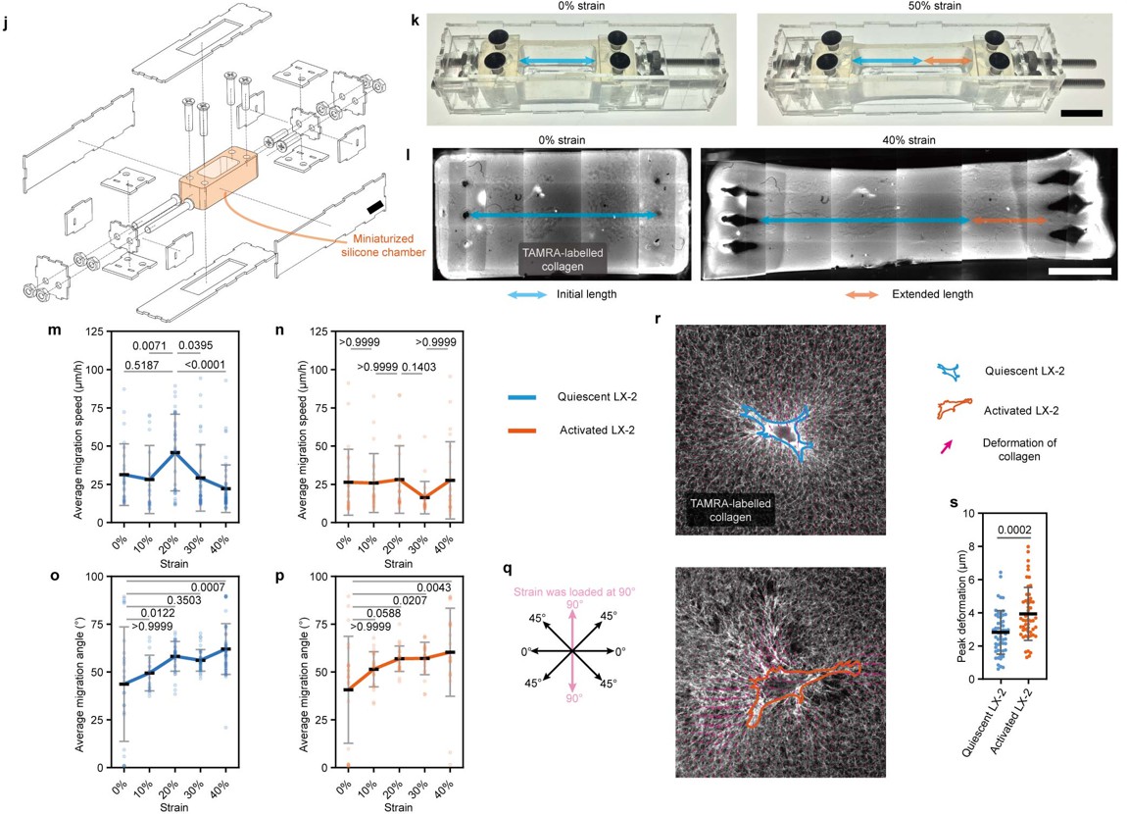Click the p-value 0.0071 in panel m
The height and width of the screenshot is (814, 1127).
coord(150,346)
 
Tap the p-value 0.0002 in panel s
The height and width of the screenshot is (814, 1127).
coord(1014,531)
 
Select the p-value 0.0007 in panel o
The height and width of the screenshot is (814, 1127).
coord(208,587)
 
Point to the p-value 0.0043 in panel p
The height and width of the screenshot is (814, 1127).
coord(433,587)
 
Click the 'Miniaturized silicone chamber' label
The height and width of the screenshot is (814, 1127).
coord(383,245)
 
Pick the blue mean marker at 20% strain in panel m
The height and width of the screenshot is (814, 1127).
coord(174,452)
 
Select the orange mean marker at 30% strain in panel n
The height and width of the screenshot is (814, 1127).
coord(424,497)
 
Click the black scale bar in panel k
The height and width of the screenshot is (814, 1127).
coord(1081,114)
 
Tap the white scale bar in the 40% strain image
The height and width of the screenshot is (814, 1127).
coord(1080,272)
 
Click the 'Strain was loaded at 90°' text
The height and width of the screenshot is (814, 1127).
coord(574,592)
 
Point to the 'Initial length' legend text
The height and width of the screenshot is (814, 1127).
coord(586,294)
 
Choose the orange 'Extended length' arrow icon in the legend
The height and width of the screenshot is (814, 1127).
coord(861,295)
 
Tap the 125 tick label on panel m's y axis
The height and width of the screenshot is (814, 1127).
coord(93,332)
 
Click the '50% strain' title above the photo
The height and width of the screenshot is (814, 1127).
coord(934,6)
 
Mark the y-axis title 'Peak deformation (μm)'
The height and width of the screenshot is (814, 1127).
coord(961,596)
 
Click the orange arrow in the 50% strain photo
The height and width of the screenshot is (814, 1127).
coord(948,61)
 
